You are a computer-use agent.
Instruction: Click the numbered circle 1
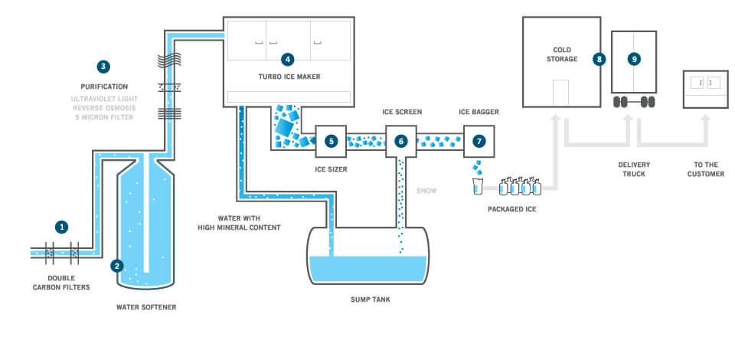(x=61, y=227)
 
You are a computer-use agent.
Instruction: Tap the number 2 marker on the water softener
(x=116, y=267)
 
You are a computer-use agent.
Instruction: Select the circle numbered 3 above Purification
(x=103, y=67)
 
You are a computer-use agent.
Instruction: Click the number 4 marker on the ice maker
(x=287, y=60)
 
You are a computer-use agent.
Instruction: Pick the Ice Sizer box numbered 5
(x=331, y=141)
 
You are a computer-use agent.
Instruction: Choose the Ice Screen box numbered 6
(x=401, y=141)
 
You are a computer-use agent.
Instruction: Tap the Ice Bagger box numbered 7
(x=479, y=141)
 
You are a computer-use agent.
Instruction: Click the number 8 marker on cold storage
(x=599, y=60)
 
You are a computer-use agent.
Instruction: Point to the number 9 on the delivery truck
(x=634, y=60)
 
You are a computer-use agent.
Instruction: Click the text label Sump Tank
(x=371, y=299)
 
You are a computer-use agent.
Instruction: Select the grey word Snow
(x=426, y=191)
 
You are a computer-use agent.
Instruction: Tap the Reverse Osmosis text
(x=104, y=108)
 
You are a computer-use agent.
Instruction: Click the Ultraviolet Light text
(x=104, y=99)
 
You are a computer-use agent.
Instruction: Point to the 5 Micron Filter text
(x=104, y=117)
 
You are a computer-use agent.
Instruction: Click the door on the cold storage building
(x=560, y=93)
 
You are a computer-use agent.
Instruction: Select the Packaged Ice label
(x=512, y=209)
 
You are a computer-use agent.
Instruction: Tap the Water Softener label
(x=146, y=307)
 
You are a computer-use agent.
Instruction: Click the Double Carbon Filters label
(x=61, y=283)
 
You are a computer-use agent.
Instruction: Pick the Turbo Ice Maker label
(x=289, y=77)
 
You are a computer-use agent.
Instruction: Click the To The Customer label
(x=706, y=169)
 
